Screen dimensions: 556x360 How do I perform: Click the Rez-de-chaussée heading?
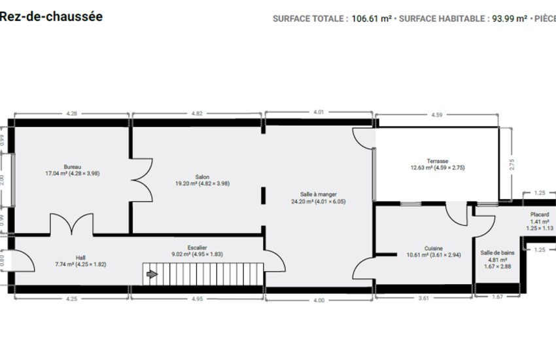click(x=51, y=16)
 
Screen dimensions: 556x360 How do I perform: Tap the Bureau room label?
click(x=73, y=167)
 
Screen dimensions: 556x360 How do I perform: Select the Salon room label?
click(x=202, y=177)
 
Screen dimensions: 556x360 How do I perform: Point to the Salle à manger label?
click(x=319, y=194)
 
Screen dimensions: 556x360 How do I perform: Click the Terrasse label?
click(x=438, y=161)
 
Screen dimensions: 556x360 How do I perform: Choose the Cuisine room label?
click(x=434, y=249)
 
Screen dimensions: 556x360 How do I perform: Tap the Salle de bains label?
click(x=497, y=253)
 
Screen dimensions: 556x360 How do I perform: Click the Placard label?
click(x=540, y=215)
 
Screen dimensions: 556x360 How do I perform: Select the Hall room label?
click(x=80, y=258)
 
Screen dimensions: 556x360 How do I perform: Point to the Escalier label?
click(x=197, y=247)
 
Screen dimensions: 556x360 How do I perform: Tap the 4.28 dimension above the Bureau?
click(x=72, y=113)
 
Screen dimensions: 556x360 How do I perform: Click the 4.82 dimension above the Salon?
click(x=197, y=113)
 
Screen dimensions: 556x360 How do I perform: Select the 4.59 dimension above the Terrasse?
click(x=437, y=115)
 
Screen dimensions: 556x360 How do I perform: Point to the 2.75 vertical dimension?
click(x=512, y=164)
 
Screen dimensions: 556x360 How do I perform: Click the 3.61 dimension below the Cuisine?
click(x=424, y=298)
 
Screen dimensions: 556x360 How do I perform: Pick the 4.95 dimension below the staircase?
click(x=197, y=299)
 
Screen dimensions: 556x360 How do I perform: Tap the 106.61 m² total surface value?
click(x=372, y=19)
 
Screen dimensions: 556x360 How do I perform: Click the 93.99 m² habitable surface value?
click(x=510, y=19)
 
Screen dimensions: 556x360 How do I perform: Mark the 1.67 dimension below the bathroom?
click(x=498, y=297)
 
